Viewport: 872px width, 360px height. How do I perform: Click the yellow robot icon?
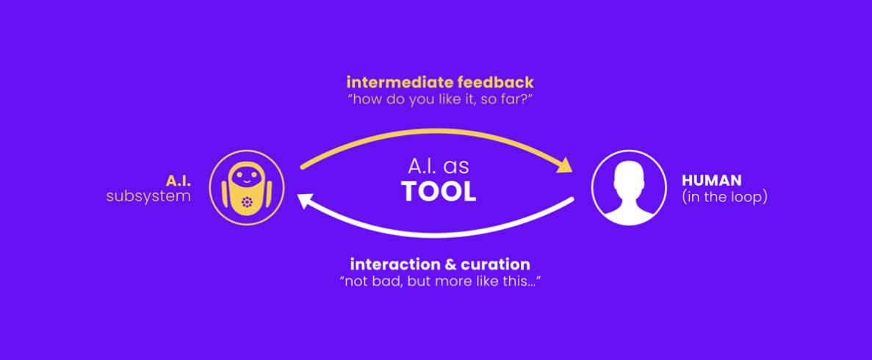[246, 188]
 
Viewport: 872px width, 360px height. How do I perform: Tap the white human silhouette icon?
[628, 188]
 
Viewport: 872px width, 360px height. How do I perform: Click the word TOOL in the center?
[439, 192]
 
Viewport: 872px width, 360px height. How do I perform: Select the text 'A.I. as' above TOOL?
[439, 167]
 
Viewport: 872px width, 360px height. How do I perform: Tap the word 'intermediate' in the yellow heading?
[397, 83]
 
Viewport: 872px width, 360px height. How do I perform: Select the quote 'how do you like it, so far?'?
[439, 101]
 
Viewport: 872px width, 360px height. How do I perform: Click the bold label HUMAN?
[711, 180]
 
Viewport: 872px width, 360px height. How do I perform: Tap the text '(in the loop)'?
[724, 197]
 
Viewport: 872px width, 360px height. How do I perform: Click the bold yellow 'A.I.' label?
[179, 180]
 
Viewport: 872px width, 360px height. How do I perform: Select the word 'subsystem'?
[148, 196]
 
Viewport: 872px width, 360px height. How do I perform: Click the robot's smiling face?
[246, 178]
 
